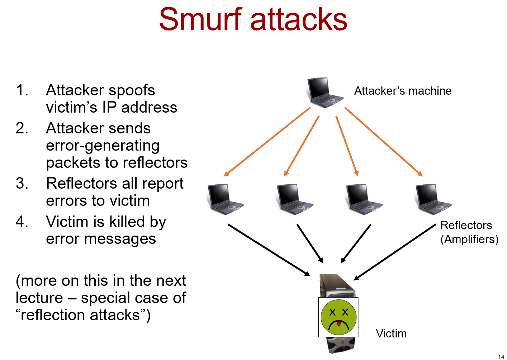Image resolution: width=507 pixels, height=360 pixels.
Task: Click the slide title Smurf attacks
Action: pyautogui.click(x=253, y=19)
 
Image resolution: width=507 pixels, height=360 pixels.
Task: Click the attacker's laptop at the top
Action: pyautogui.click(x=323, y=93)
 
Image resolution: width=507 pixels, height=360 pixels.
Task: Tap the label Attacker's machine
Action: pyautogui.click(x=403, y=91)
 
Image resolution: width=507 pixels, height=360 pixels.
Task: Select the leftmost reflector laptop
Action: pyautogui.click(x=225, y=199)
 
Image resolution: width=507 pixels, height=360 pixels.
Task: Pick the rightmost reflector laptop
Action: pyautogui.click(x=433, y=199)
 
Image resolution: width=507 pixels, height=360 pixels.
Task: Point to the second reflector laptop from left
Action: pyautogui.click(x=294, y=199)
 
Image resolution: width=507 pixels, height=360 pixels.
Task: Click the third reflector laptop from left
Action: pyautogui.click(x=364, y=199)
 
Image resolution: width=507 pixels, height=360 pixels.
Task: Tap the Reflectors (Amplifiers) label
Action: pyautogui.click(x=469, y=232)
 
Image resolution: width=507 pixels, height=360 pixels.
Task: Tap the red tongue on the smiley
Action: pyautogui.click(x=338, y=324)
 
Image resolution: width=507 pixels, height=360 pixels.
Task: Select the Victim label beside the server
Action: pyautogui.click(x=391, y=333)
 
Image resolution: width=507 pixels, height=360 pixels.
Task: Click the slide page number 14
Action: pyautogui.click(x=501, y=356)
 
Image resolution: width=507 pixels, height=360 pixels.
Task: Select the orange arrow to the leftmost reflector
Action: pyautogui.click(x=267, y=142)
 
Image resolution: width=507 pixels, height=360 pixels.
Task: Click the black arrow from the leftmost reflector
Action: pyautogui.click(x=269, y=250)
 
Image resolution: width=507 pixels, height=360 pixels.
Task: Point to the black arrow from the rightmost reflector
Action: pyautogui.click(x=394, y=252)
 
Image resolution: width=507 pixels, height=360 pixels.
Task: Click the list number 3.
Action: pyautogui.click(x=22, y=184)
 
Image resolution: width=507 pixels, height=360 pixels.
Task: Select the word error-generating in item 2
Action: pyautogui.click(x=103, y=146)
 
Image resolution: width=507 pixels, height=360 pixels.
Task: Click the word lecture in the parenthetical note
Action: pyautogui.click(x=39, y=298)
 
